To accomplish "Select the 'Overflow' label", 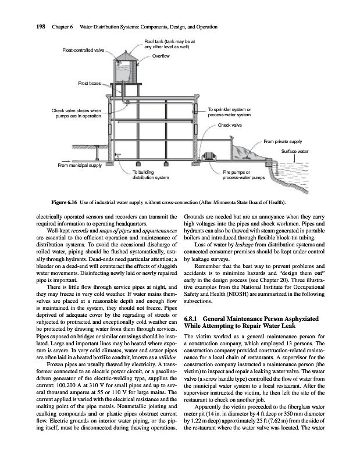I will tap(160, 56).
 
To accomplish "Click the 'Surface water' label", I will tap(294, 151).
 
